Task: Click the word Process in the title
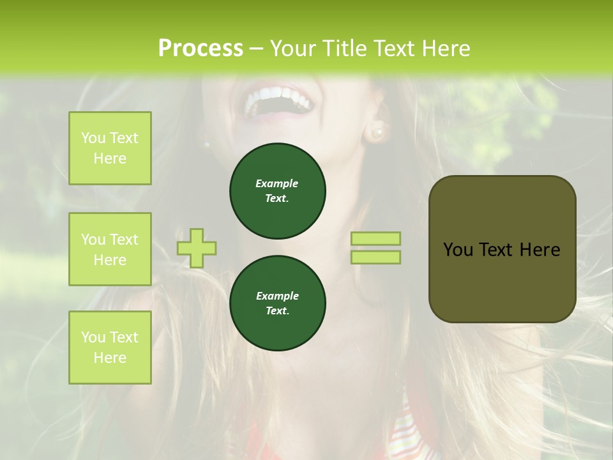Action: click(x=201, y=48)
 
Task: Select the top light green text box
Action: click(x=110, y=148)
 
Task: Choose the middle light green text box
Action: click(x=110, y=249)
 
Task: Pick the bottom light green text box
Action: click(x=110, y=348)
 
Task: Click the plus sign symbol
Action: click(x=197, y=248)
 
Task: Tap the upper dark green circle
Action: click(x=277, y=191)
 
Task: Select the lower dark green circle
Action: click(x=277, y=303)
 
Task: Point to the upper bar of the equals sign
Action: click(x=375, y=238)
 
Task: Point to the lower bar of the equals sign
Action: click(x=375, y=257)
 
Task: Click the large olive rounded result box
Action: click(x=502, y=281)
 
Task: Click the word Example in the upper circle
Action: click(x=277, y=183)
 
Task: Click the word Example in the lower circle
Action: click(x=277, y=296)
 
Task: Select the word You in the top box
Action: click(x=93, y=138)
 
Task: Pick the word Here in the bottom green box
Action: click(x=110, y=358)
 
